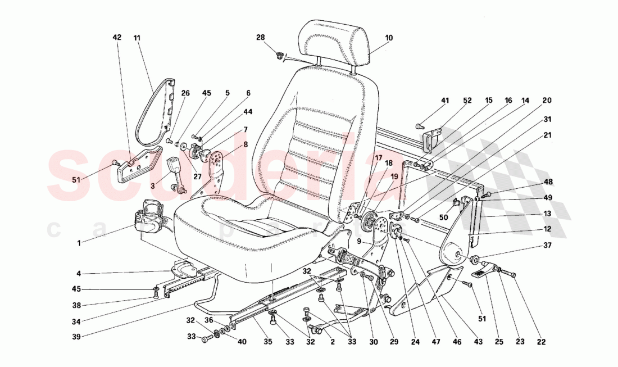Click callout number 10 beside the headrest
tap(389, 38)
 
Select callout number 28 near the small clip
tap(260, 38)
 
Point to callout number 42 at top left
tap(117, 38)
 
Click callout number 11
tap(137, 38)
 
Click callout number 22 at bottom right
tap(541, 341)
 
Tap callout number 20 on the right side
tap(547, 101)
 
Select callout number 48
tap(547, 182)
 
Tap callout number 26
tap(185, 93)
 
